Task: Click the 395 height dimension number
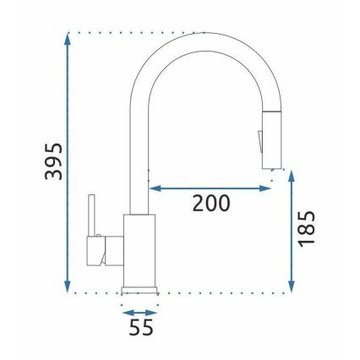(52, 161)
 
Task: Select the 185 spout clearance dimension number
(308, 229)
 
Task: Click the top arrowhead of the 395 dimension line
(68, 38)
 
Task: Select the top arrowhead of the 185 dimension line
(291, 174)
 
